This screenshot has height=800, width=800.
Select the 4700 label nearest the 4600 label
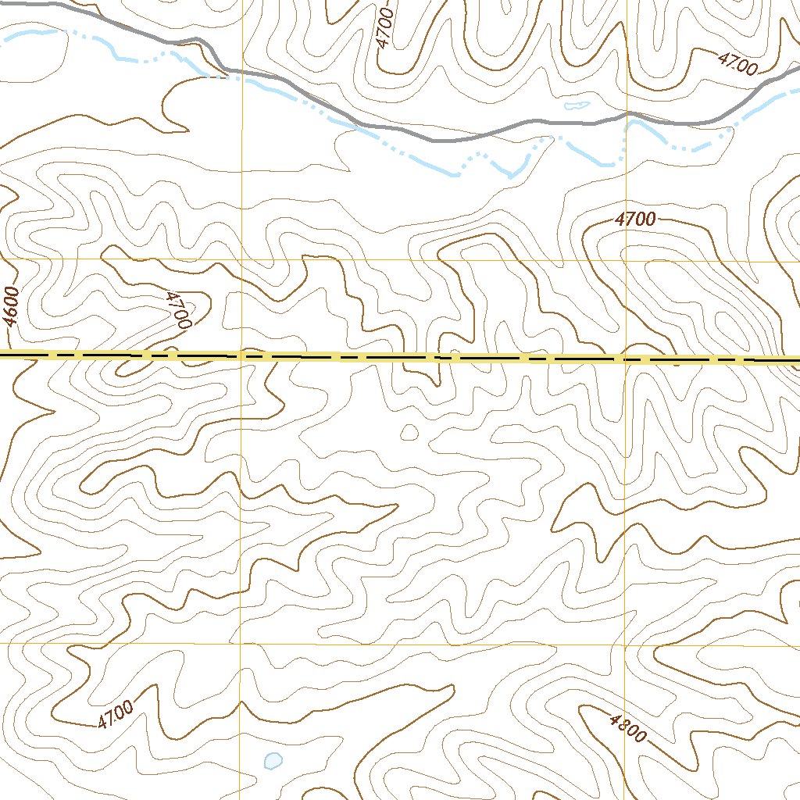[179, 309]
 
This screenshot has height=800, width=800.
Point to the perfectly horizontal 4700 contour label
[634, 220]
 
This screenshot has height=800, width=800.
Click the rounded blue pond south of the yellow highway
[273, 759]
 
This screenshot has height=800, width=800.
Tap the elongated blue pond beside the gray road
[577, 104]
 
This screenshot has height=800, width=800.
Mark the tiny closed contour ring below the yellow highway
[409, 432]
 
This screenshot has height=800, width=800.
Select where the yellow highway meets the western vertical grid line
[241, 356]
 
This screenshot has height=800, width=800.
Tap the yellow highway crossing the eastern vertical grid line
[625, 359]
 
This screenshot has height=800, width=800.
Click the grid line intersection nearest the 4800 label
[625, 645]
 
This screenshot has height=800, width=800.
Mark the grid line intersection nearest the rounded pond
[241, 644]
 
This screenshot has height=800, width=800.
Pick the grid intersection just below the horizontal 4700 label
[625, 260]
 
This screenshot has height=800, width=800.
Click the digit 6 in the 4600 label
[10, 313]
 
